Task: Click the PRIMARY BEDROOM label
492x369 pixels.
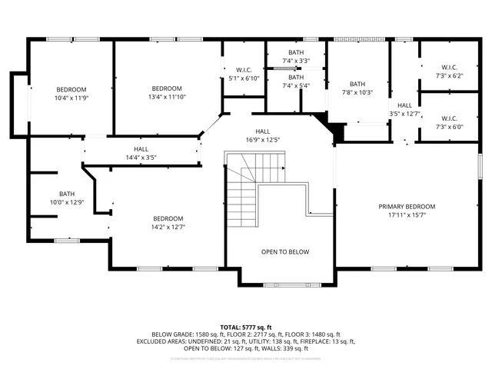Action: click(x=406, y=207)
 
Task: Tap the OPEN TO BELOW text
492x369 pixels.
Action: click(x=284, y=251)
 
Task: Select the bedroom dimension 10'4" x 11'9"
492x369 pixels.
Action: click(x=71, y=98)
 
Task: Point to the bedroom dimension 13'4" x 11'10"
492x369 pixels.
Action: click(x=166, y=97)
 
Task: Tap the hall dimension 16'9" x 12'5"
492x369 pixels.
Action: click(x=263, y=140)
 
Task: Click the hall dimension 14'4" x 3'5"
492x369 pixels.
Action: click(x=141, y=158)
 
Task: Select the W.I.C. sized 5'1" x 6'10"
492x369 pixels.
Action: click(x=244, y=78)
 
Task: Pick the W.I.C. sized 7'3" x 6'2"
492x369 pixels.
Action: click(x=450, y=76)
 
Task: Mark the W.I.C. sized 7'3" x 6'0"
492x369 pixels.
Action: click(x=450, y=127)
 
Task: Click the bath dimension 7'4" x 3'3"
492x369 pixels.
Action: click(x=296, y=61)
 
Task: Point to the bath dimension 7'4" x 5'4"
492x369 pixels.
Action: click(x=296, y=85)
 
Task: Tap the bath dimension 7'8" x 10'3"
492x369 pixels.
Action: click(x=357, y=93)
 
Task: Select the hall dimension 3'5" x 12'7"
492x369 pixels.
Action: click(x=404, y=115)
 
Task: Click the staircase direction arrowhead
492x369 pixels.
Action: click(x=283, y=168)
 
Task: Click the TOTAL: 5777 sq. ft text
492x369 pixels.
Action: click(x=246, y=327)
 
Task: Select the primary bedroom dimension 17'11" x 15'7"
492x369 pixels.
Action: click(x=406, y=215)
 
